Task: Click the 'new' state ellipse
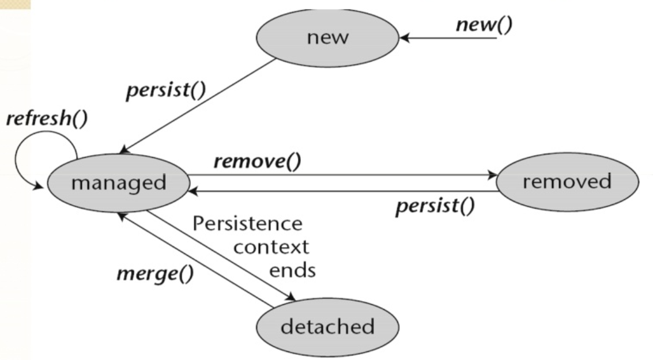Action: point(327,38)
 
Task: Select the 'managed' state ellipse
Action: point(118,184)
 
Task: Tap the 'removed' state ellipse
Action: point(567,182)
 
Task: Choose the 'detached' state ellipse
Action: point(327,327)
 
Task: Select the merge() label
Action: point(155,272)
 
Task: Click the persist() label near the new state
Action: point(166,91)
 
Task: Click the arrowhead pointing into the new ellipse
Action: point(404,39)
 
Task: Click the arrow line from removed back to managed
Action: point(346,191)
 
